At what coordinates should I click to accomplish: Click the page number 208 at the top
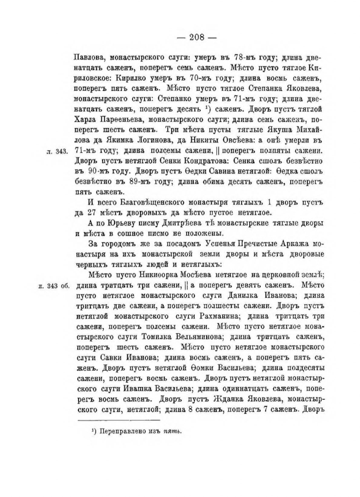[x=197, y=38]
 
